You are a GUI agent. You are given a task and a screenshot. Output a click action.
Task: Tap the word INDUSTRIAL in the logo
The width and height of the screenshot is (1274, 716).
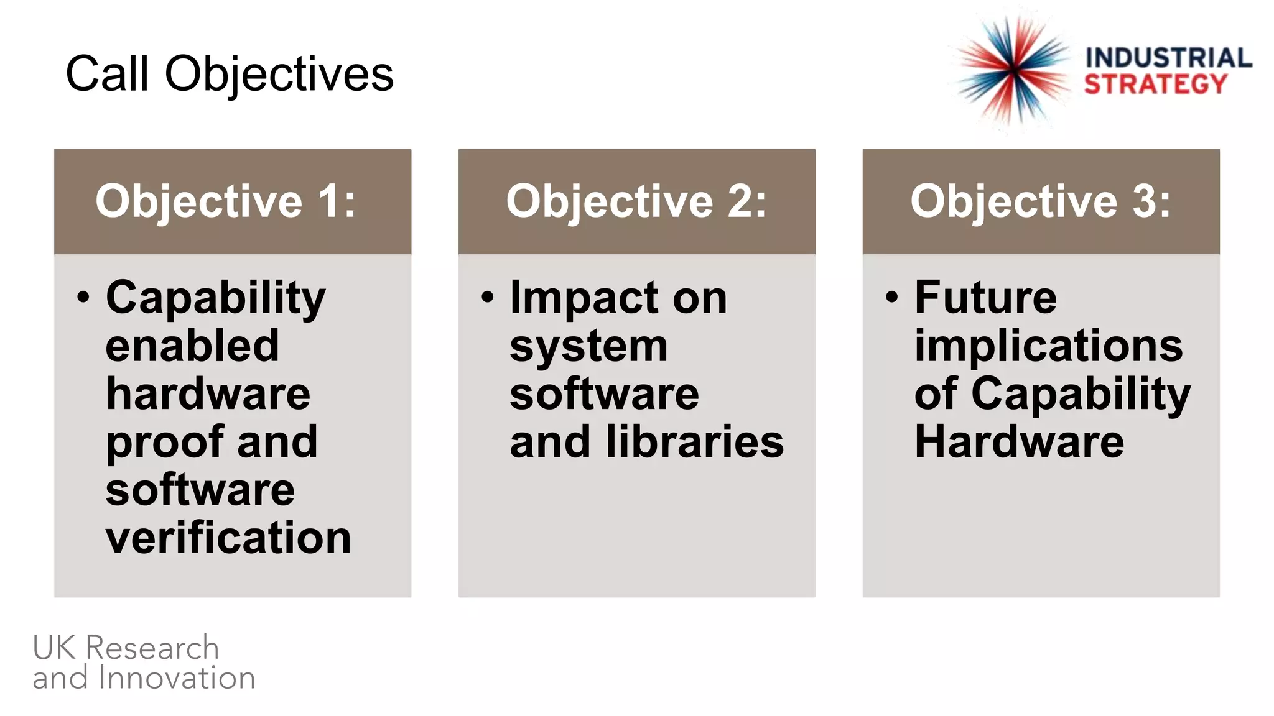point(1168,58)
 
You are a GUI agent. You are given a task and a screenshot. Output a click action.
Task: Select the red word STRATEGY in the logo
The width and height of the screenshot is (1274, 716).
point(1156,84)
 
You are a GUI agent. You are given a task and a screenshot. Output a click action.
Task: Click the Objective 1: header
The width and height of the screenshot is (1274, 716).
point(226,201)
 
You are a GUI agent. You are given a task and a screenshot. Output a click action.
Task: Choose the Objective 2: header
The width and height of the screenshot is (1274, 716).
point(636,201)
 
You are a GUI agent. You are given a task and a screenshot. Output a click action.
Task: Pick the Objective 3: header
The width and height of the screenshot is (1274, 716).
point(1041,201)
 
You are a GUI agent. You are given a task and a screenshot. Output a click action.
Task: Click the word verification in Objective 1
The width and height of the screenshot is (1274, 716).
point(228,538)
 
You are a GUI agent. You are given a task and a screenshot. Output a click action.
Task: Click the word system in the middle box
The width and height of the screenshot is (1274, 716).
point(588,347)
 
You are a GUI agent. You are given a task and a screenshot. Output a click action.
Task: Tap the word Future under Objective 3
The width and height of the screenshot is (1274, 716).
point(985,298)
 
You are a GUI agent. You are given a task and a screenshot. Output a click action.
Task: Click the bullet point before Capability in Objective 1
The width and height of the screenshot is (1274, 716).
point(83,297)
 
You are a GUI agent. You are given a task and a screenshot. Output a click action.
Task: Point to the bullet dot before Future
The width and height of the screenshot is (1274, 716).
point(892,297)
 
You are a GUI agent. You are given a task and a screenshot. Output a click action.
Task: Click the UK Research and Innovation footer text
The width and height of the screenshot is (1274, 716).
point(144,663)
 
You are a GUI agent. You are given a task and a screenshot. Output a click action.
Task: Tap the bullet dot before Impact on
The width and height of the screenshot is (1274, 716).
point(488,297)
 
